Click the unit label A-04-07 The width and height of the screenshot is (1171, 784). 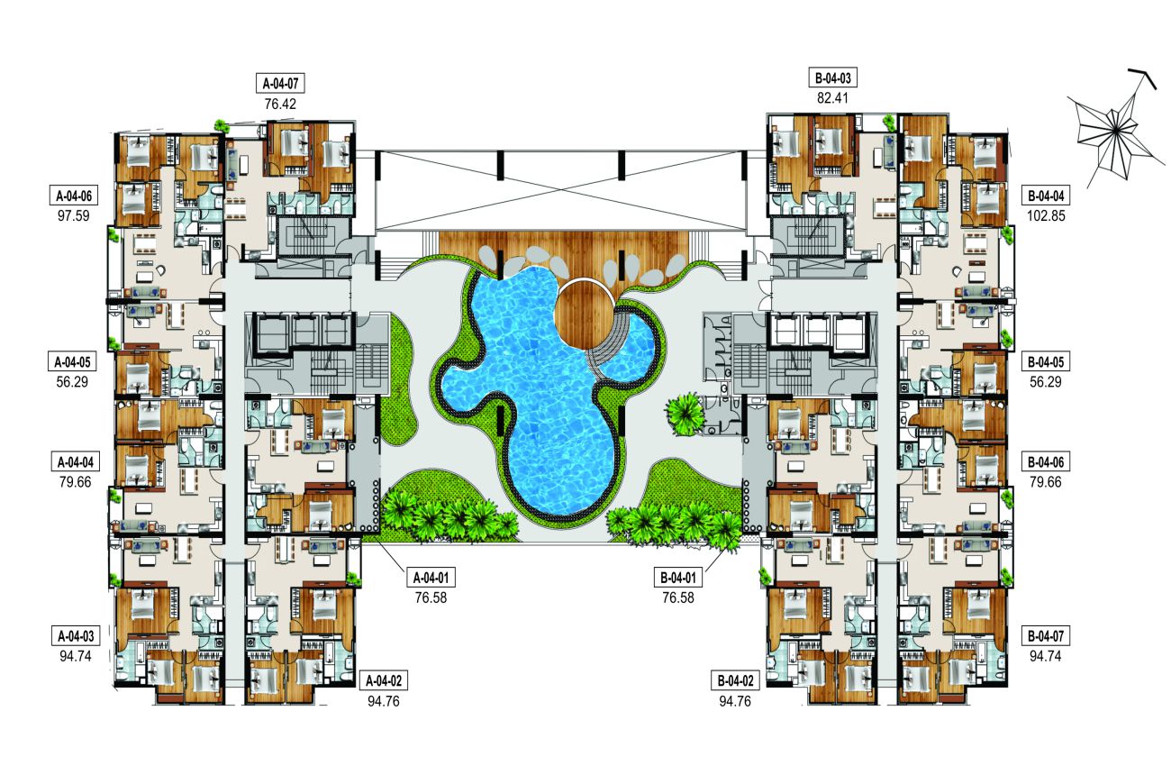coord(281,85)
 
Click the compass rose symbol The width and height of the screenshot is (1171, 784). coord(1115,132)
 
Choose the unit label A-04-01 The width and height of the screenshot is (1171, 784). coord(436,577)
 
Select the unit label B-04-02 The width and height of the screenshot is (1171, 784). coord(737,679)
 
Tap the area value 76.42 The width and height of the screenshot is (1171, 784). coord(281,105)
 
